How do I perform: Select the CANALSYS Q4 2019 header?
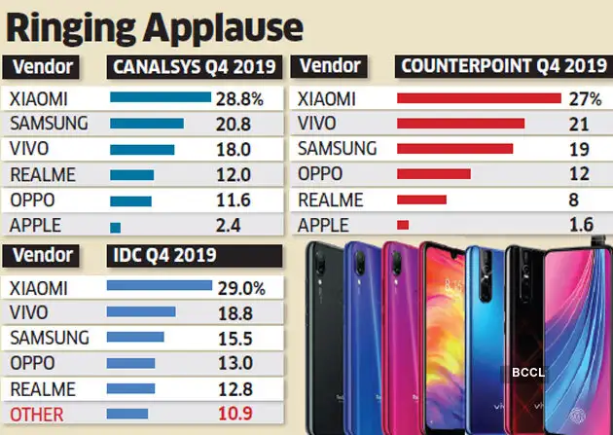point(195,67)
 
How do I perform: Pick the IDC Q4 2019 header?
point(161,255)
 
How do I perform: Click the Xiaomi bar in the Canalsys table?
point(160,97)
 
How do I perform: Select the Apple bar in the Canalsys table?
point(115,226)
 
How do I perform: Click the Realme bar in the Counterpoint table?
point(421,199)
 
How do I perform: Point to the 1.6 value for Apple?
point(582,225)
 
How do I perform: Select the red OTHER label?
point(36,415)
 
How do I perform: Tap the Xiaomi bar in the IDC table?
point(159,287)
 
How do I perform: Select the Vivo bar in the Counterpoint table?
point(460,124)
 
